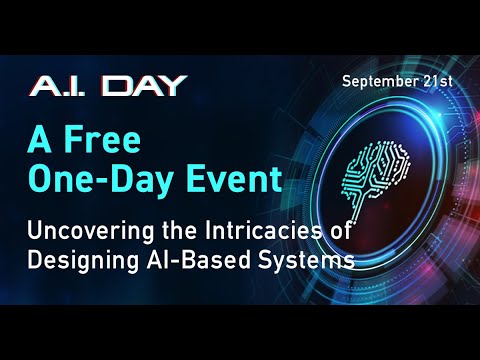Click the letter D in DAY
[121, 85]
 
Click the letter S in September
[347, 80]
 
